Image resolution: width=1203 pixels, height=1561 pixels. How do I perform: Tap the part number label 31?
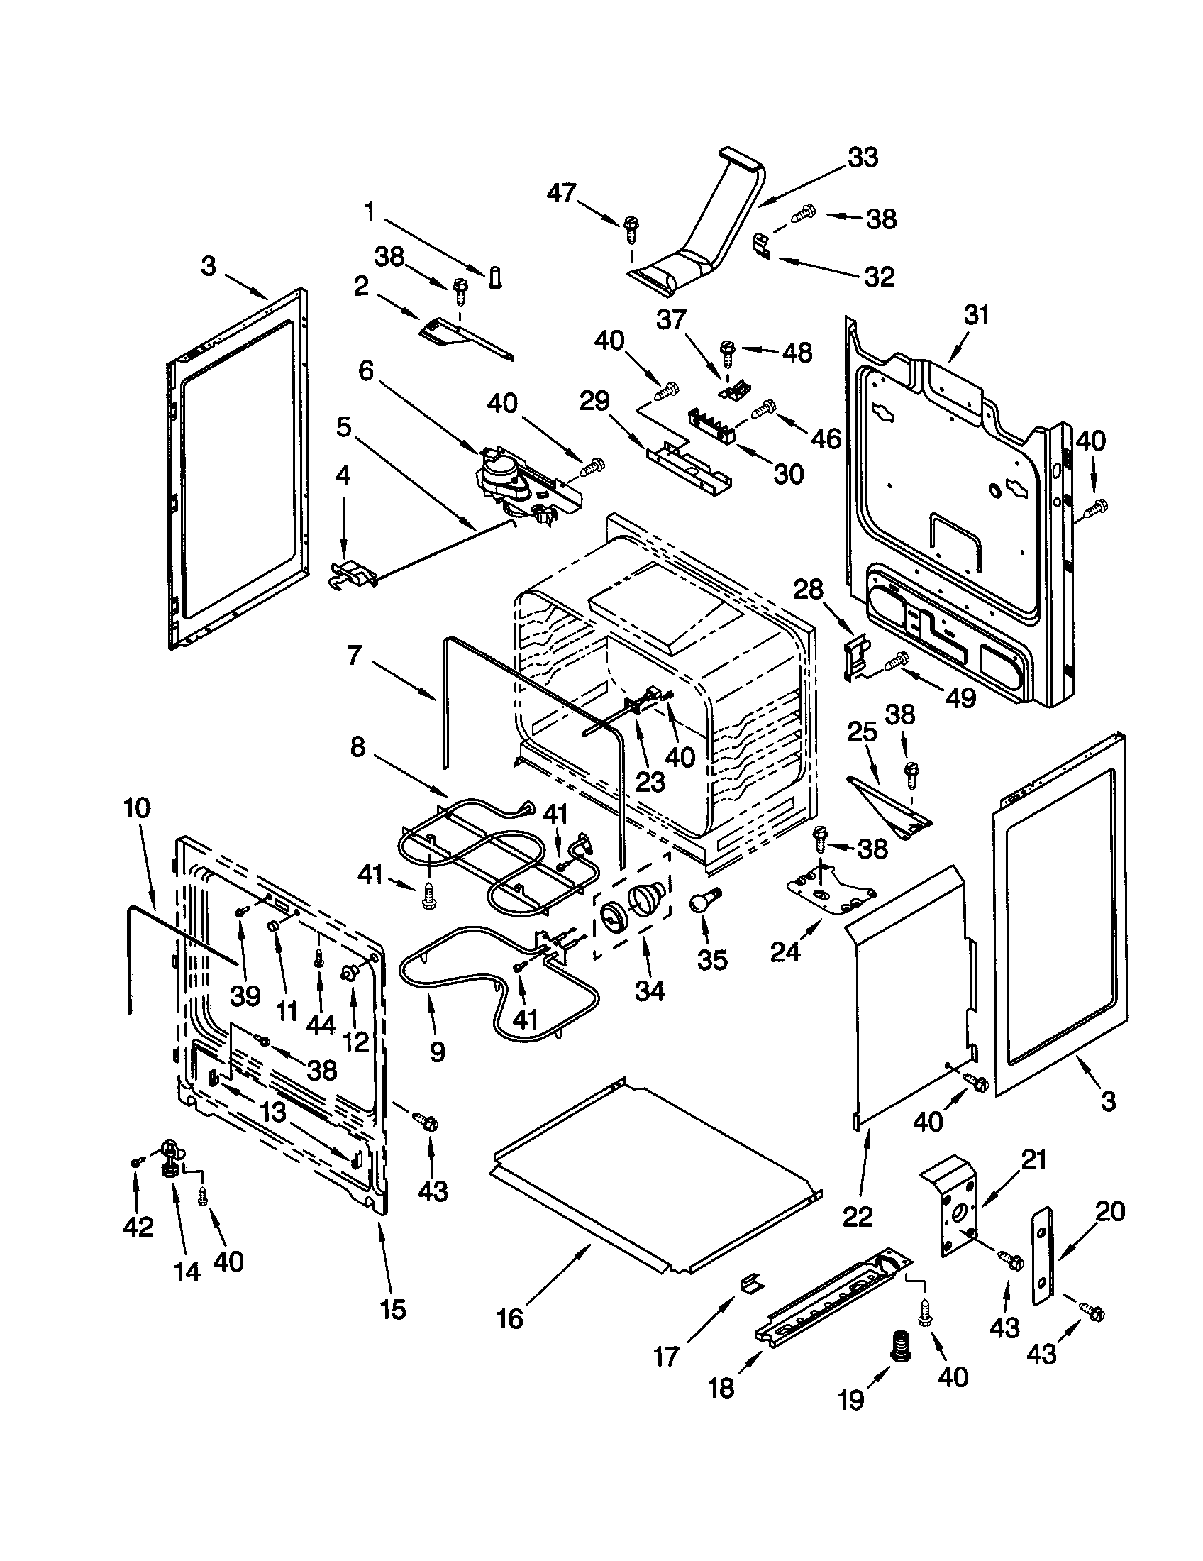(x=976, y=314)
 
